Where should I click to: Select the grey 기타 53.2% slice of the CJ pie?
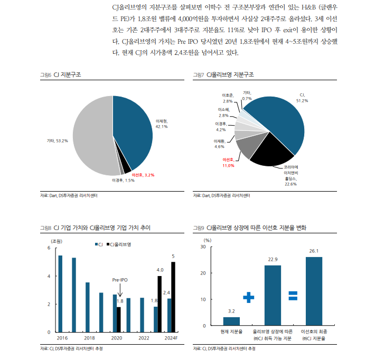(92, 137)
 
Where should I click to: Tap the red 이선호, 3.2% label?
(143, 174)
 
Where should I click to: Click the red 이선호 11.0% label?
(229, 162)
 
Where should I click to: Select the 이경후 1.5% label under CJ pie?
(123, 181)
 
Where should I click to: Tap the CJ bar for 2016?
(60, 293)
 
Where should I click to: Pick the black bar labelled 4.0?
(160, 304)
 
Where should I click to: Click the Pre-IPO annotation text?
(120, 280)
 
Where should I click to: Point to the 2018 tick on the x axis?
(89, 338)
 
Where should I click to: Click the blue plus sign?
(249, 298)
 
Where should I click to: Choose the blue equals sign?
(293, 296)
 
